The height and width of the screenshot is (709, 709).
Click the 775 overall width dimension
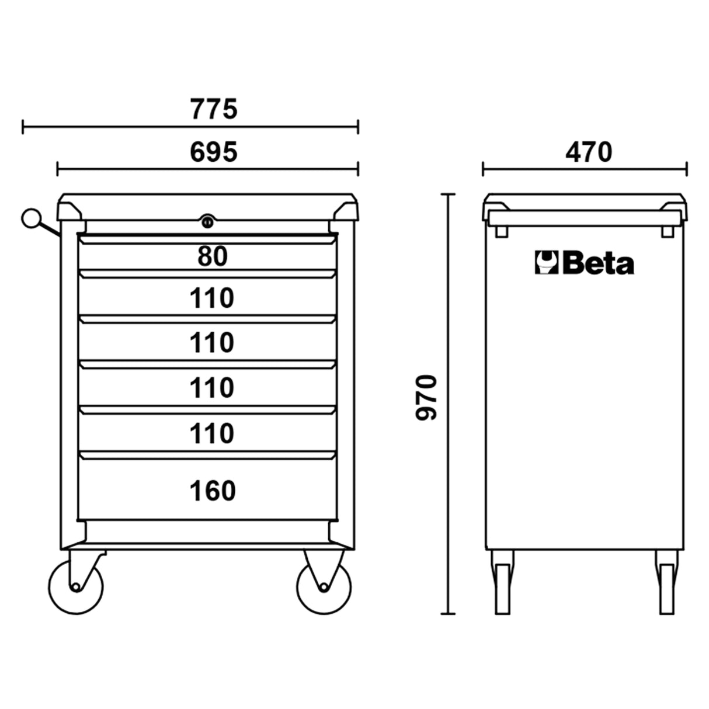point(214,109)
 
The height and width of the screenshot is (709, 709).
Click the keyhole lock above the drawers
point(207,221)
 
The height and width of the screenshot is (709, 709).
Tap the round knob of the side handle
point(30,218)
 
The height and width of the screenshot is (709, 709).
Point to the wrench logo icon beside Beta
point(546,263)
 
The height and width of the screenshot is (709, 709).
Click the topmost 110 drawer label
point(212,298)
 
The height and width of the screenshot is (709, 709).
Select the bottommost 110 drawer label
point(212,433)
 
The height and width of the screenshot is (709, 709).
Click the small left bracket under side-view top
point(501,232)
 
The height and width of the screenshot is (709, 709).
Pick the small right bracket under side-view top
point(667,232)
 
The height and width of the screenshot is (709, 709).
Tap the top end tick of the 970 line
point(447,194)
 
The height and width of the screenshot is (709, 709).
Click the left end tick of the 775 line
point(23,126)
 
